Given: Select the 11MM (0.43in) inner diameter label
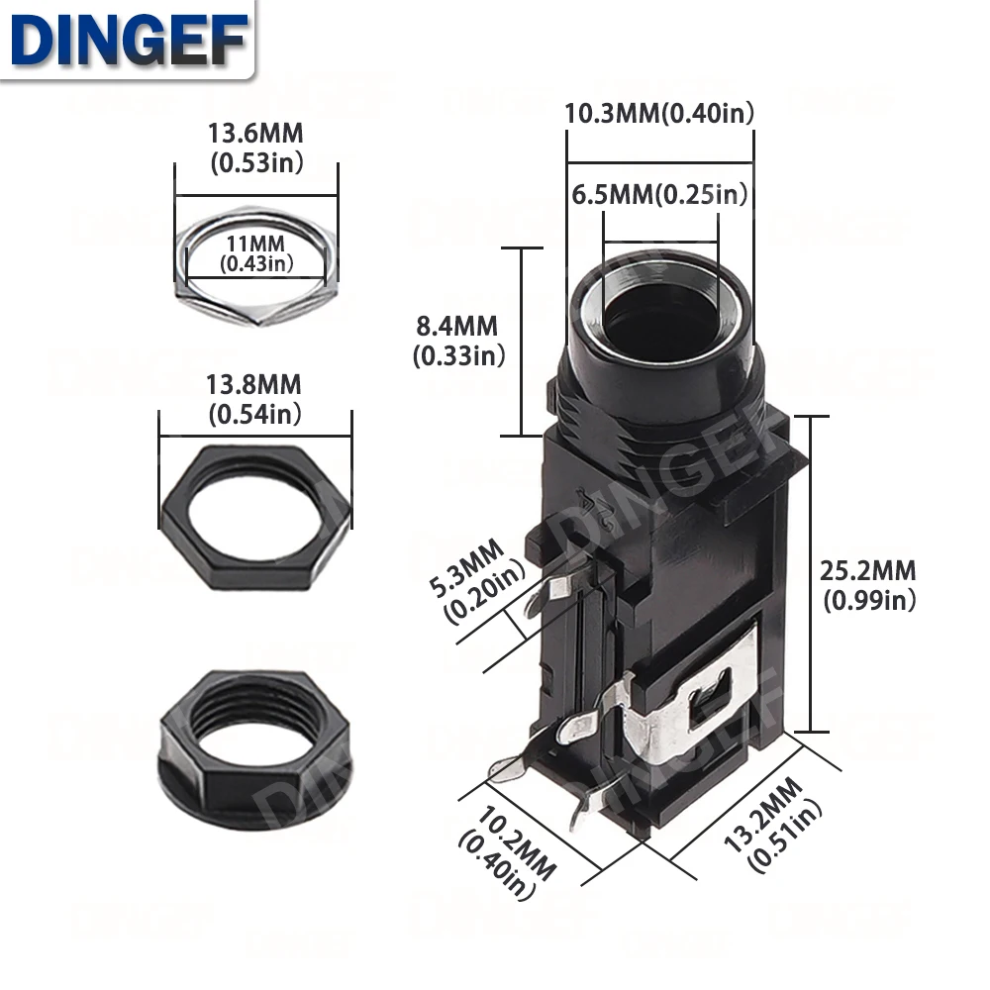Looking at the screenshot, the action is click(256, 253).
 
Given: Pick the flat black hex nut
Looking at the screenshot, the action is click(255, 518).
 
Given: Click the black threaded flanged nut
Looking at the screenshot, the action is click(255, 750).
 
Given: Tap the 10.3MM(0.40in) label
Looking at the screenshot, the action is click(659, 114).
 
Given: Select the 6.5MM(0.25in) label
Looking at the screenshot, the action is click(659, 194).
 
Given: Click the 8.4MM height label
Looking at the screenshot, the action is click(457, 341).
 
